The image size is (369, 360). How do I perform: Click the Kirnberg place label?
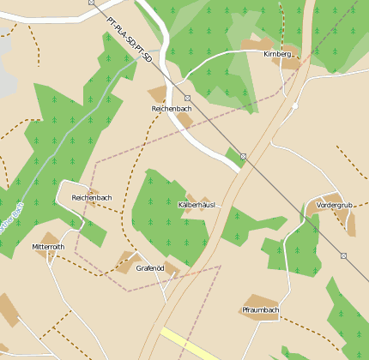click(278, 54)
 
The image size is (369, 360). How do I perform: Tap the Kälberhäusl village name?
click(196, 206)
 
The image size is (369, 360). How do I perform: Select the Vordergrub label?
click(335, 206)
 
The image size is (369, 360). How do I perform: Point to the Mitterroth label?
click(48, 247)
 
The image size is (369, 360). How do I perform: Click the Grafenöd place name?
click(150, 268)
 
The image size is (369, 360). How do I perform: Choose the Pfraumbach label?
click(261, 309)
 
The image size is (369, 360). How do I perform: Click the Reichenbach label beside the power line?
click(172, 110)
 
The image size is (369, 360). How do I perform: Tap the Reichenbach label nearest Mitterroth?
click(92, 197)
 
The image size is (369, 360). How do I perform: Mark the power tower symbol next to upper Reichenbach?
click(187, 99)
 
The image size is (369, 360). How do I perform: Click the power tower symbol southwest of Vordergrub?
click(343, 255)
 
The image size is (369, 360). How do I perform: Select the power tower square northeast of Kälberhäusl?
click(244, 156)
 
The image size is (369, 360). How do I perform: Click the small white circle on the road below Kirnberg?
click(294, 106)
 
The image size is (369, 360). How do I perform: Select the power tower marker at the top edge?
click(92, 3)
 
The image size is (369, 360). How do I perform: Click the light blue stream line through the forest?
click(69, 129)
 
